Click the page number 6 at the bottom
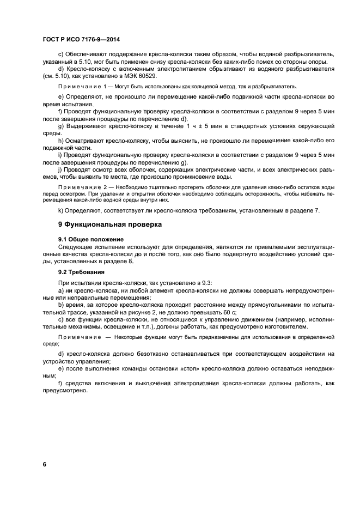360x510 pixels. click(45, 464)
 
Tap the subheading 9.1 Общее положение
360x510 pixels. click(91, 239)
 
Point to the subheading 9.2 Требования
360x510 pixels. click(82, 271)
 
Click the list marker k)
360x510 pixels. click(61, 210)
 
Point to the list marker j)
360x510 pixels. click(60, 169)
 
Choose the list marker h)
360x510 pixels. click(61, 140)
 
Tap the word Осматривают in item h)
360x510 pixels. click(90, 140)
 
